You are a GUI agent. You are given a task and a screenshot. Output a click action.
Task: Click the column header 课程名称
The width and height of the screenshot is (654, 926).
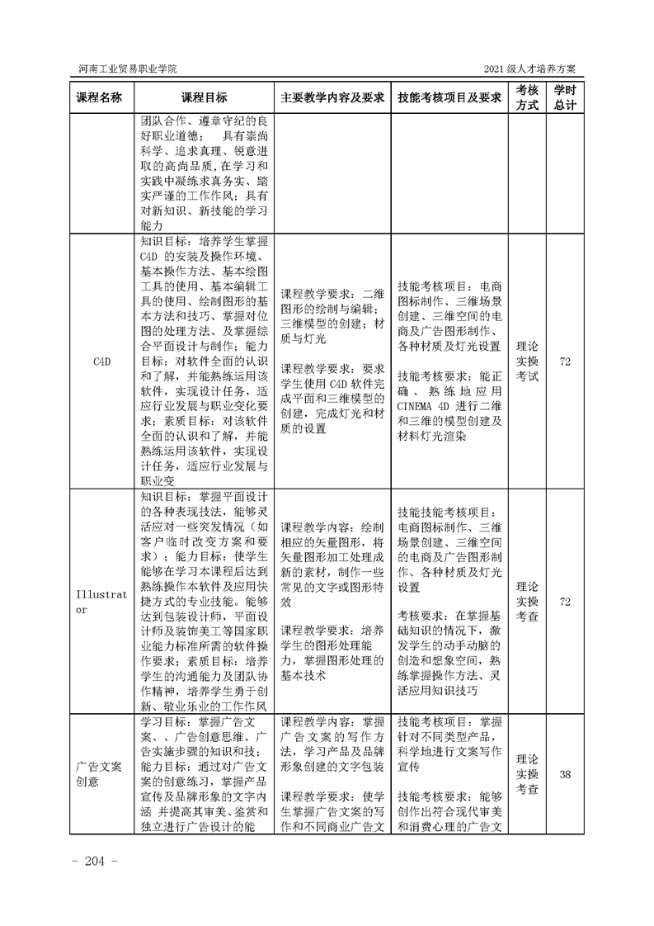(99, 97)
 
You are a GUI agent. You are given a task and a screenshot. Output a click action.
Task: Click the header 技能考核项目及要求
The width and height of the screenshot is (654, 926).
(449, 97)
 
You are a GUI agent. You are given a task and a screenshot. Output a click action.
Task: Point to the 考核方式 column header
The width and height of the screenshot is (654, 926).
(527, 97)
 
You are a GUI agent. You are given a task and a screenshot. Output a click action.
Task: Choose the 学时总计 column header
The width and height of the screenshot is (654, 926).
(565, 97)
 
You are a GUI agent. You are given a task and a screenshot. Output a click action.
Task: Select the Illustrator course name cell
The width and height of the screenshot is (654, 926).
(99, 602)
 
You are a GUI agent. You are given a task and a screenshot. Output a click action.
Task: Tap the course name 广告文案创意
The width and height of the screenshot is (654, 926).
(99, 774)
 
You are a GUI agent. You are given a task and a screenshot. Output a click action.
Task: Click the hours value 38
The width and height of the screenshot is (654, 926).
(565, 774)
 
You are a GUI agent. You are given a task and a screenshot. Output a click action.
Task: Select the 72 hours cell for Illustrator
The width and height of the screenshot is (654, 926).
(565, 602)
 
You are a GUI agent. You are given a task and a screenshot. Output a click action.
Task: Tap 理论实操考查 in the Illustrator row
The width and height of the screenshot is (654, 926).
(527, 602)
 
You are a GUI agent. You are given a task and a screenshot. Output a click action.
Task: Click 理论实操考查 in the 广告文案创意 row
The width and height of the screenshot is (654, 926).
(527, 774)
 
